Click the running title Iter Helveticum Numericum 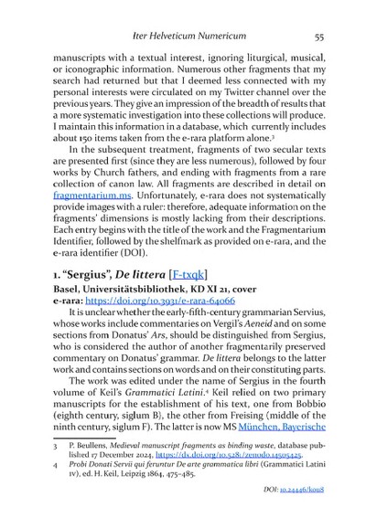pos(183,37)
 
